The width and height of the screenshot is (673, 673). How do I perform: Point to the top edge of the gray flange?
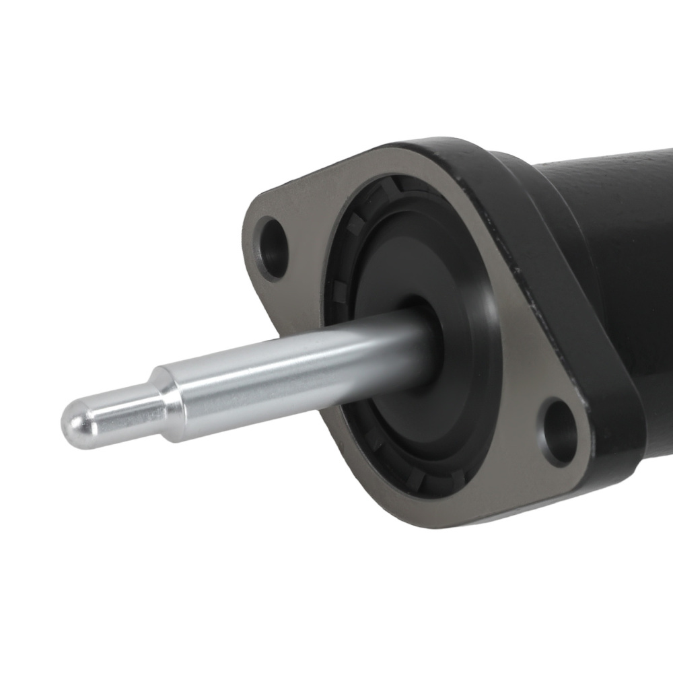click(377, 152)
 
